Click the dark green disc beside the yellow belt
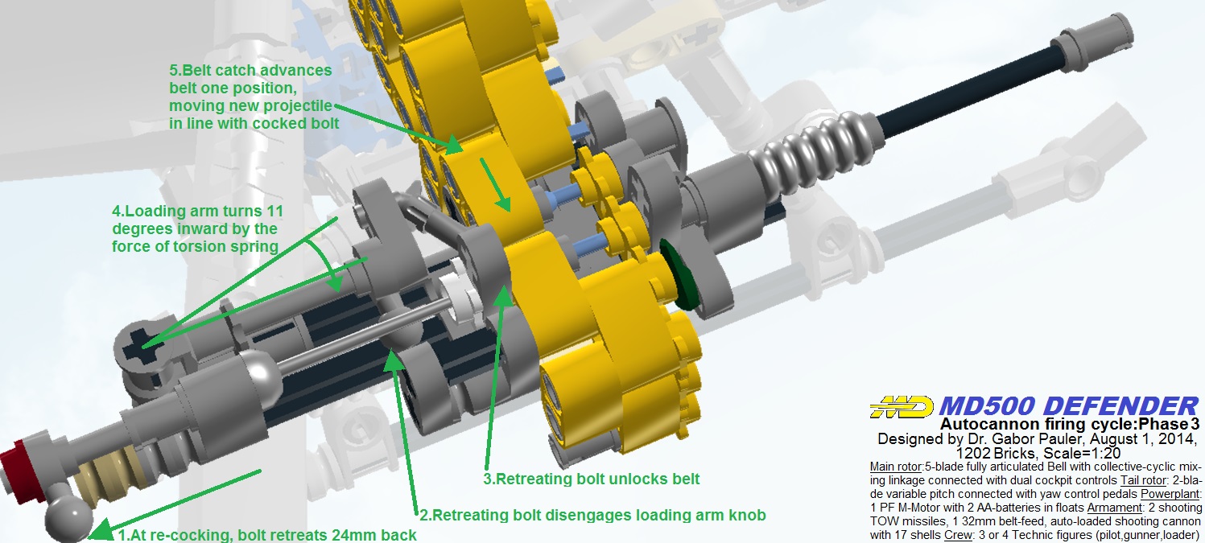pyautogui.click(x=679, y=275)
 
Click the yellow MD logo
pyautogui.click(x=902, y=407)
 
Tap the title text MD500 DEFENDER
pyautogui.click(x=1069, y=406)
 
